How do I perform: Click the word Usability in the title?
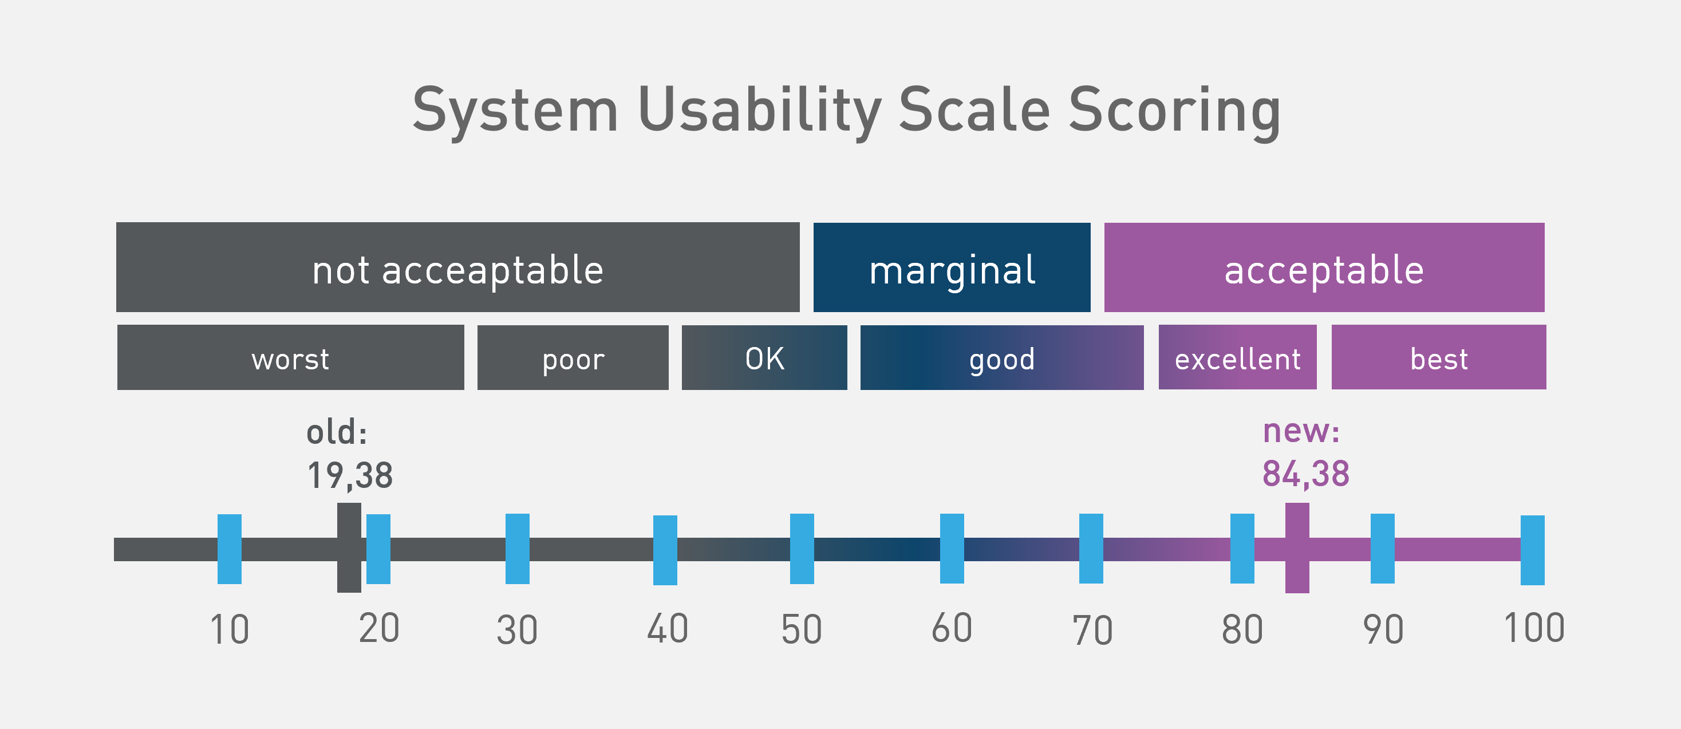(759, 111)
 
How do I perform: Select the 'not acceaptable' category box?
(457, 267)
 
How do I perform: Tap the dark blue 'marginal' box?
(952, 267)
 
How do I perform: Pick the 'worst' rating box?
(290, 358)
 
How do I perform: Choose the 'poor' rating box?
(573, 358)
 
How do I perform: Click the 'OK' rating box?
(764, 358)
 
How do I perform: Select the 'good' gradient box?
(1002, 358)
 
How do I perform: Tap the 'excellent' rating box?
(1237, 358)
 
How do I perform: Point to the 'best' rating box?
(1438, 358)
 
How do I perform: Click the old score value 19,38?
(350, 475)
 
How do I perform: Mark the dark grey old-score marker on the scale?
(349, 547)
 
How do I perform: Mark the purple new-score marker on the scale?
(1297, 547)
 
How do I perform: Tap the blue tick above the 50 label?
(802, 549)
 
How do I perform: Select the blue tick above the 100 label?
(1532, 550)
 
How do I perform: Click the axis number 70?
(1092, 631)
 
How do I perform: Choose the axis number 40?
(667, 629)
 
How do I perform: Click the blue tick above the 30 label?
(517, 549)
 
